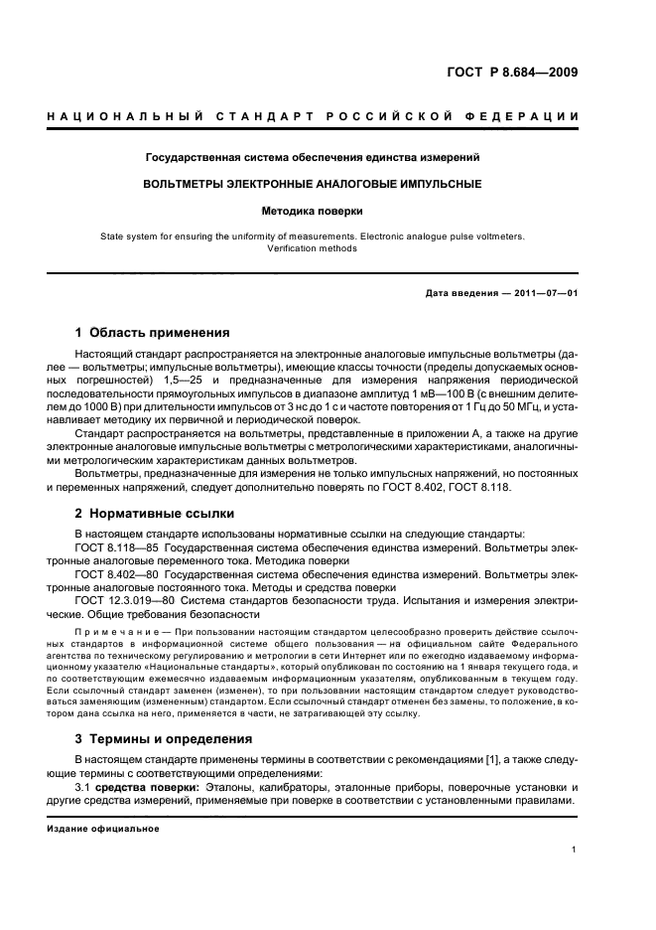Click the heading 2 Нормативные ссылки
155,514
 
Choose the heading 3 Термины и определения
165,739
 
